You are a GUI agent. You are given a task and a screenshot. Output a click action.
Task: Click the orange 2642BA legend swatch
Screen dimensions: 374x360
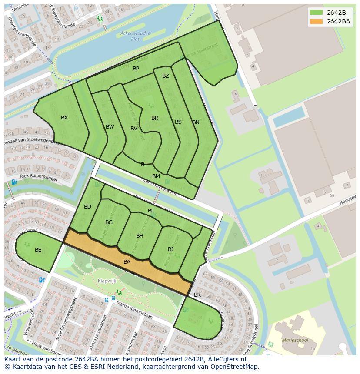coord(316,21)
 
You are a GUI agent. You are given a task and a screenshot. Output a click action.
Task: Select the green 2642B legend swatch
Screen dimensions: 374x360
coord(316,13)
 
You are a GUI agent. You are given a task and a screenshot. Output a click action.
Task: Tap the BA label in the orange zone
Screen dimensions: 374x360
coord(127,262)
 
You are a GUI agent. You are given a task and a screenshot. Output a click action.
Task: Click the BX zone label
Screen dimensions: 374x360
coord(64,118)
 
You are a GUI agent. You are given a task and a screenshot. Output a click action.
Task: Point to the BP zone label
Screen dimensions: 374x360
coord(136,69)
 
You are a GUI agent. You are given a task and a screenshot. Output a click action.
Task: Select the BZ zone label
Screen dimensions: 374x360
coord(166,76)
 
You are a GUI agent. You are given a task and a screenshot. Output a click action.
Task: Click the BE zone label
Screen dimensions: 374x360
coord(38,250)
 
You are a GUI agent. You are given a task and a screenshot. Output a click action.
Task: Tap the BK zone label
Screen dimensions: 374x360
coord(197,295)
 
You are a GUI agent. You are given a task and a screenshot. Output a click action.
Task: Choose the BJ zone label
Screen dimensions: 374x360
coord(171,249)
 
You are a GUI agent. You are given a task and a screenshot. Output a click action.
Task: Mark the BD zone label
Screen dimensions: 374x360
coord(87,207)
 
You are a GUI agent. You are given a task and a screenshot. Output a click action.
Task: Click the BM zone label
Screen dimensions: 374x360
coord(156,176)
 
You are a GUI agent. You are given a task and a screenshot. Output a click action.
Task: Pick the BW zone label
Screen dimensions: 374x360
coord(110,127)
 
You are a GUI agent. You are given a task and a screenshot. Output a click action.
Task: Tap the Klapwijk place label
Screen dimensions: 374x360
coord(107,281)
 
